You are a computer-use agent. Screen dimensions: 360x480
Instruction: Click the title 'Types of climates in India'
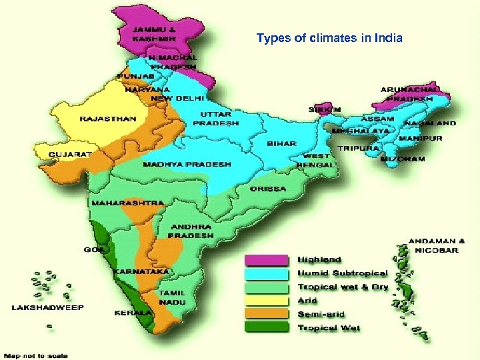coord(329,38)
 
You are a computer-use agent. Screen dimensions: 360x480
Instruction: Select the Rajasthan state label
coord(108,119)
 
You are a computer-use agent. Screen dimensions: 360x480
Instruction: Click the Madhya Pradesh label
coord(187,164)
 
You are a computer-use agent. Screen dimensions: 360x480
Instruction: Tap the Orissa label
coord(268,189)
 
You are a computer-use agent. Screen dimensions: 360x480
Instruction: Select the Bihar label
coord(282,144)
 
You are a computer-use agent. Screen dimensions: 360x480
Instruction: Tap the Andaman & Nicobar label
coord(437,245)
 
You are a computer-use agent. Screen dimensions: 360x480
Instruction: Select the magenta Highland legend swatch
coord(267,259)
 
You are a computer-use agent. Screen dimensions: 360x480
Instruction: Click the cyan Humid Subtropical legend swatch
coord(267,273)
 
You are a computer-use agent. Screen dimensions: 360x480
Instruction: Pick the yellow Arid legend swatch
coord(267,301)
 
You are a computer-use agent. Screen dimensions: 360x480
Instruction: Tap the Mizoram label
coord(402,160)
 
